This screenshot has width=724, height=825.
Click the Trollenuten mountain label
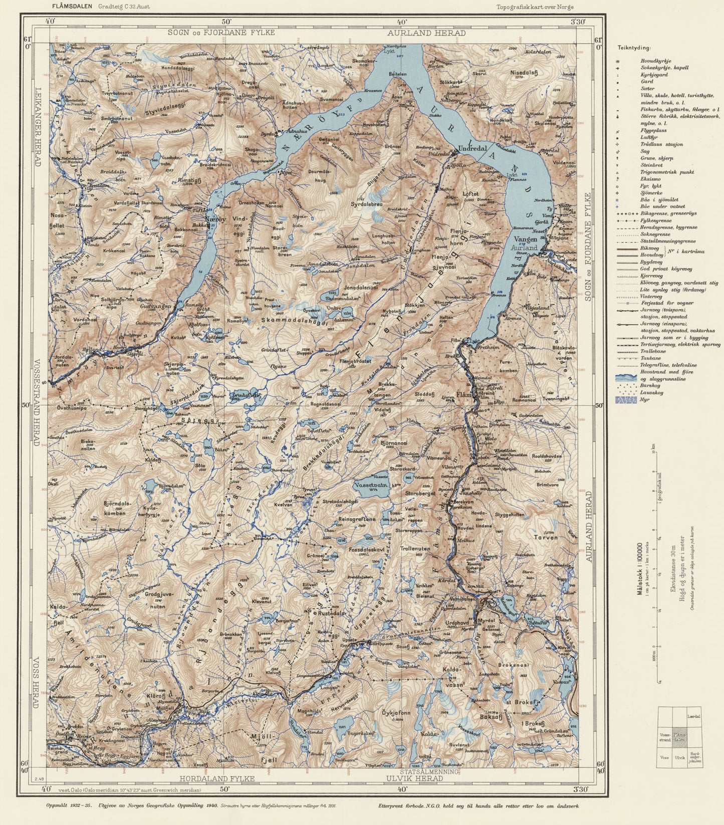[415, 549]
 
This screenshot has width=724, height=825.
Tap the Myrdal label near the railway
[486, 620]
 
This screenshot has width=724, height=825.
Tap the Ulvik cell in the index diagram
[679, 758]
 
